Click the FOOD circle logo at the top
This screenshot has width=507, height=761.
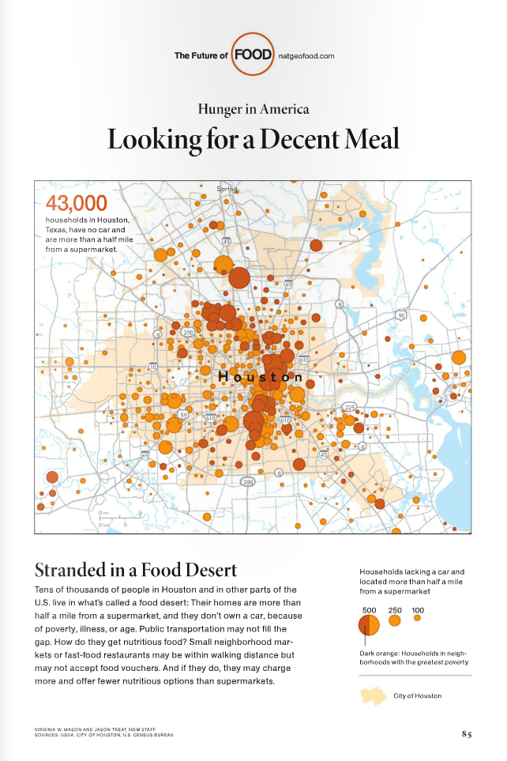coord(253,55)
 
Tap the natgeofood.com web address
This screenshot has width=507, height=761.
coord(307,55)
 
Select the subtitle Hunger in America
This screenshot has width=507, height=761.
coord(253,109)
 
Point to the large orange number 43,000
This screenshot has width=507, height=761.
coord(77,203)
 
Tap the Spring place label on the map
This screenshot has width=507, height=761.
coord(227,189)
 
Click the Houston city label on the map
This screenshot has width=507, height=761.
coord(260,377)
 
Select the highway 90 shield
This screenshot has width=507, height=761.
coord(401,315)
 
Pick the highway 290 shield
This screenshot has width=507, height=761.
coord(188,333)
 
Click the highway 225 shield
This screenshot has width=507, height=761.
coord(350,408)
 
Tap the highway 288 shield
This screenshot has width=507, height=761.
coord(247,481)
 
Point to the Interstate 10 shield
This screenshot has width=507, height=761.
coord(152,367)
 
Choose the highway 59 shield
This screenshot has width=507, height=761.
coord(183,414)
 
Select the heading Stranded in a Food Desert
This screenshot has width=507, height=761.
coord(136,570)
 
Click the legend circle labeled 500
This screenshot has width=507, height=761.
coord(370,625)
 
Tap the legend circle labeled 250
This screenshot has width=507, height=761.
coord(395,621)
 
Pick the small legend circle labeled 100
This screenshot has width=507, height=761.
coord(417,619)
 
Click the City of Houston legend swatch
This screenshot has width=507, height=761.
coord(373,695)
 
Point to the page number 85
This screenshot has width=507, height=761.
coord(467,733)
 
